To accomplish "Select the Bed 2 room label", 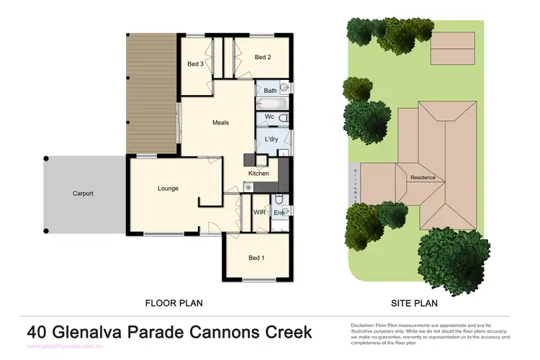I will (263, 57).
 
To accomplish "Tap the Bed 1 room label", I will (256, 258).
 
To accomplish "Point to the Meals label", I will (220, 122).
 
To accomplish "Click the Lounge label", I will (168, 189).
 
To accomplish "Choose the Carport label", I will (83, 193).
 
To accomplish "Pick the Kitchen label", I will (258, 174).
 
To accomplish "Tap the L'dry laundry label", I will (271, 139).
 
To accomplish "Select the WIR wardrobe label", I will (259, 212).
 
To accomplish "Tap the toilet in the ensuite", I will (279, 199).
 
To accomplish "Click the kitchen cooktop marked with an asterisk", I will (249, 187).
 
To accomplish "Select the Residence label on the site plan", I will (423, 177).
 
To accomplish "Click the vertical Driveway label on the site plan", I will (354, 183).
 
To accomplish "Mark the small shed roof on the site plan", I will (452, 48).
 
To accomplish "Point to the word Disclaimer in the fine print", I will (363, 325).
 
